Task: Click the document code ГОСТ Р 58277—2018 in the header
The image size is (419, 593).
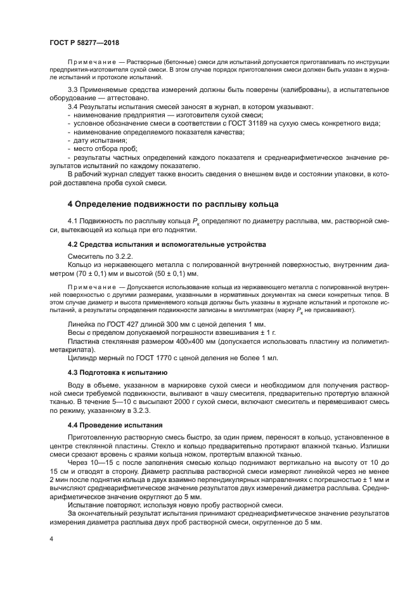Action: click(x=84, y=42)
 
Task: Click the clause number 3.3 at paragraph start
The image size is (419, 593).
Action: click(x=72, y=90)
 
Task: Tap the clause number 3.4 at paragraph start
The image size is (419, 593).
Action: click(x=72, y=107)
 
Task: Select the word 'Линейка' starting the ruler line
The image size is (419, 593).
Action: click(x=81, y=323)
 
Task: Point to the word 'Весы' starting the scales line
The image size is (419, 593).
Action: click(x=76, y=332)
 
